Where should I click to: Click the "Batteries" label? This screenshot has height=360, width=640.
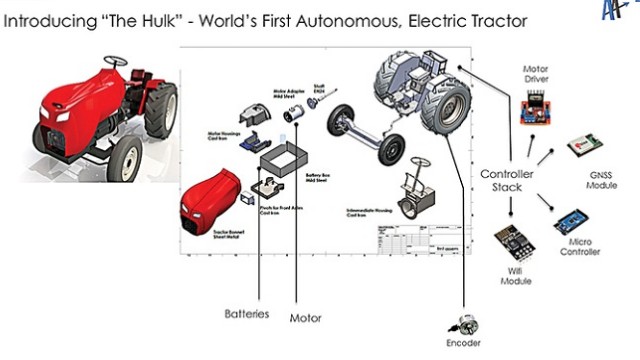(246, 314)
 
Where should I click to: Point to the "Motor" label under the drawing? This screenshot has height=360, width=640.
(305, 319)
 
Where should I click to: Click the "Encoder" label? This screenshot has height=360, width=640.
(463, 342)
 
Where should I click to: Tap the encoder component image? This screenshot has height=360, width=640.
(462, 324)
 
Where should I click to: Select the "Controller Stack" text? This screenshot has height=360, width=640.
(507, 181)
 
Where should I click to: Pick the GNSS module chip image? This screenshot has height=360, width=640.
(583, 147)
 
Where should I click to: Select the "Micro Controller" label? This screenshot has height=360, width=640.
(580, 246)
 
